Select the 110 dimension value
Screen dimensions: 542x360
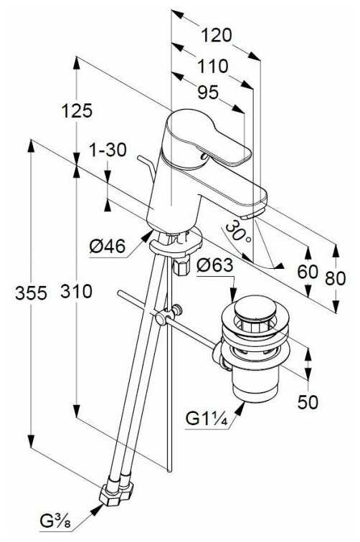pos(214,66)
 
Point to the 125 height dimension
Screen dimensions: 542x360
pos(77,110)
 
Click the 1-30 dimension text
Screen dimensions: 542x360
pos(108,150)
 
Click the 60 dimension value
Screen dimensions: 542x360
pos(307,272)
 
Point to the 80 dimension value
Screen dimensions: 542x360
pos(334,277)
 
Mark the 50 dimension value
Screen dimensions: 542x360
pos(308,402)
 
